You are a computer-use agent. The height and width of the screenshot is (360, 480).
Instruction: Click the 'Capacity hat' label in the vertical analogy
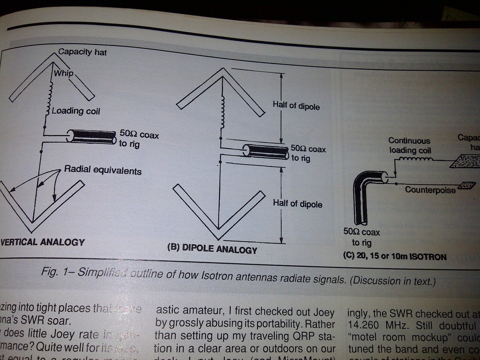pos(82,52)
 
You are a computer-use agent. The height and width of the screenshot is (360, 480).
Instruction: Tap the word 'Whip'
pos(63,73)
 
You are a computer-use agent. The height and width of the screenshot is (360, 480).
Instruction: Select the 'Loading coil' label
pos(76,111)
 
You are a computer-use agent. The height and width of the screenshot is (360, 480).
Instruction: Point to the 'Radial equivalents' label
pos(103,170)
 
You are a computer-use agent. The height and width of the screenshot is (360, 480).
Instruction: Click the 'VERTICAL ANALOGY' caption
pos(43,242)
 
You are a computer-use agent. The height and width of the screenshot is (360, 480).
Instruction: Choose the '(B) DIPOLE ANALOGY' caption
pos(212,249)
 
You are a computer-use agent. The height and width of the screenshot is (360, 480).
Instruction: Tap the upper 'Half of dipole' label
pos(296,106)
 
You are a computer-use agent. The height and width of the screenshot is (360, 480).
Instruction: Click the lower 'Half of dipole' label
pos(298,204)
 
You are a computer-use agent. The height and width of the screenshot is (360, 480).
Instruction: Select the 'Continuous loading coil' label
pos(409,145)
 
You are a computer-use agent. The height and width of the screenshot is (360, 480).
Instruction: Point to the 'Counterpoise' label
pos(430,190)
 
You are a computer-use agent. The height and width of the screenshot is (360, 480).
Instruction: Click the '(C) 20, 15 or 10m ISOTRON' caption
pos(395,256)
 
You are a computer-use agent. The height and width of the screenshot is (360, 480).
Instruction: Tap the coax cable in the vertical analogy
pos(91,136)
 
